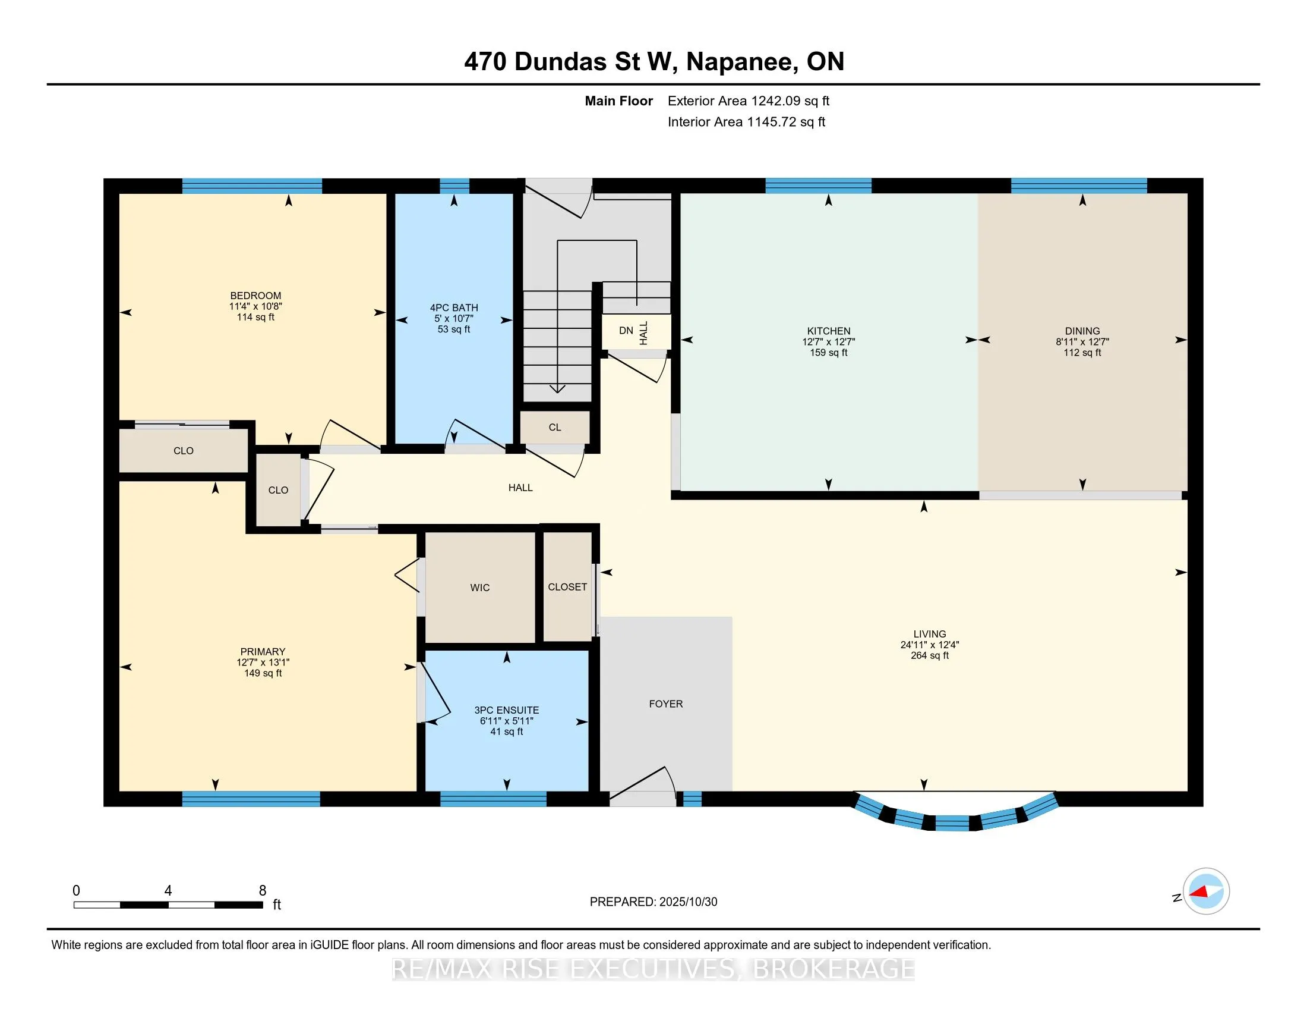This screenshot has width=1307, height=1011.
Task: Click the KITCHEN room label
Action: pos(828,331)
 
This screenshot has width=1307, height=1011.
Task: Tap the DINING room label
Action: pos(1082,331)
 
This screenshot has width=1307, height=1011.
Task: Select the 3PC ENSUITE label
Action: pos(506,709)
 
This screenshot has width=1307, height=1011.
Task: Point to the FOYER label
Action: pos(665,704)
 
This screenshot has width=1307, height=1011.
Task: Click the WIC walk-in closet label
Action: pos(479,588)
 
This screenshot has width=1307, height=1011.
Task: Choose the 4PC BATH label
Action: pos(454,307)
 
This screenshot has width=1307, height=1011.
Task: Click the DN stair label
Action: pos(626,331)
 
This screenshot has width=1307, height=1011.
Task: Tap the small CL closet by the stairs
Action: pos(555,427)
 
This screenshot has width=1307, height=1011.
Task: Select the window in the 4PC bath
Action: pos(454,186)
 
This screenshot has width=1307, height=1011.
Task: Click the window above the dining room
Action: pos(1078,186)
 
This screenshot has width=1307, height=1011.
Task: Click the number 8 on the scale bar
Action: pos(262,891)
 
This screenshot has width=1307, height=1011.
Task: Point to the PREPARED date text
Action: pos(653,902)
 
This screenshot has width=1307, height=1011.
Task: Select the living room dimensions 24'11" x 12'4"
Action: pos(929,645)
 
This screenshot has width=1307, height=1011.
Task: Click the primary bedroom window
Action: pos(251,798)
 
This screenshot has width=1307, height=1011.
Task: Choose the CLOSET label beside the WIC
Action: pos(567,587)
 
